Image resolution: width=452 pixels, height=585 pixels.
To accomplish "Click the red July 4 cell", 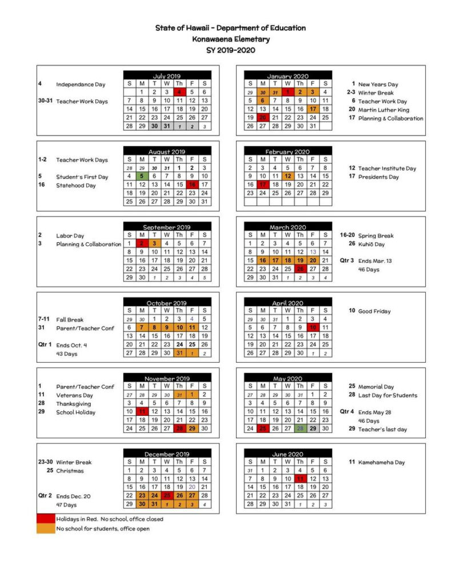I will (179, 92).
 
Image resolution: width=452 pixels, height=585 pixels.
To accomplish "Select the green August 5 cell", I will (142, 177).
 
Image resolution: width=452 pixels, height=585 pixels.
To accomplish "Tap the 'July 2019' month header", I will (167, 75).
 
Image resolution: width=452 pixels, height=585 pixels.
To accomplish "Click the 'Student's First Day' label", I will (82, 177).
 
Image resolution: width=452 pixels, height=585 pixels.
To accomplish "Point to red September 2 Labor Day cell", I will (142, 243).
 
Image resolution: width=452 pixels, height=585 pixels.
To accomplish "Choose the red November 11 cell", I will (142, 411).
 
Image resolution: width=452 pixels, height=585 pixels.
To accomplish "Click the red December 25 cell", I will (167, 496).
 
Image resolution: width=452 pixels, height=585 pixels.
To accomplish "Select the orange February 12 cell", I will (287, 177).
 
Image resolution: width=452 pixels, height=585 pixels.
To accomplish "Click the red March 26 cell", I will (300, 269).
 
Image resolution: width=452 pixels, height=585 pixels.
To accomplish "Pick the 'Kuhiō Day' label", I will (371, 244).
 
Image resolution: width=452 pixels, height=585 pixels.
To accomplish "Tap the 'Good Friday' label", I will (374, 311).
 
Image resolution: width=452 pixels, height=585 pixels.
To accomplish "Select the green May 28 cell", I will (300, 428).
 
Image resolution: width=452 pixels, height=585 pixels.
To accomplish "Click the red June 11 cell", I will (300, 479).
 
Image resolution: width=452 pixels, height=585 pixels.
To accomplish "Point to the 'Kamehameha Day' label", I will (381, 462).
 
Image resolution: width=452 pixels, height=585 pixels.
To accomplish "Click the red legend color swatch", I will (46, 519).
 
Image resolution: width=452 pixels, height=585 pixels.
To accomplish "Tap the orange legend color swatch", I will (46, 528).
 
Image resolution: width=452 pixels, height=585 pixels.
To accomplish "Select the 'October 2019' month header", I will (167, 303).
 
